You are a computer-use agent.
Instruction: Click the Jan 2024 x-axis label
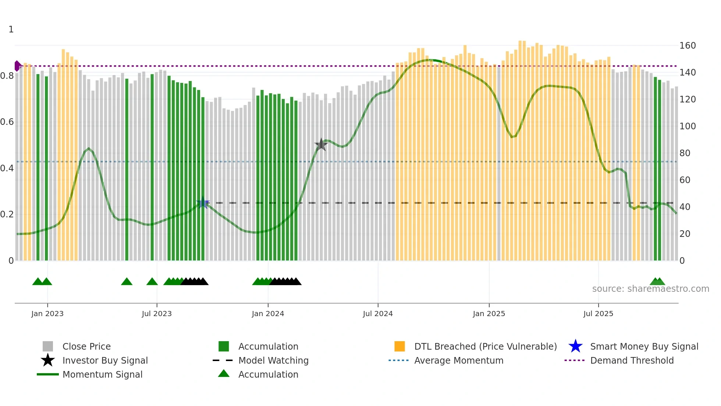[x=268, y=314]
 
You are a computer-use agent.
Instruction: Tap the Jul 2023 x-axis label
[x=157, y=314]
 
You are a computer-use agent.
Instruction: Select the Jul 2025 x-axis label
[x=598, y=314]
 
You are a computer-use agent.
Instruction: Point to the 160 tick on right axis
[x=687, y=46]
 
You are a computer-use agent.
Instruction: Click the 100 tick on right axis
[x=687, y=126]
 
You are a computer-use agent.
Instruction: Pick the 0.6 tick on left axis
[x=7, y=122]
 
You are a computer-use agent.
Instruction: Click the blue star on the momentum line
[x=203, y=203]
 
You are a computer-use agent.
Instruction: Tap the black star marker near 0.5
[x=321, y=145]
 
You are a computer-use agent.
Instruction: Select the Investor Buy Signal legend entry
[x=105, y=360]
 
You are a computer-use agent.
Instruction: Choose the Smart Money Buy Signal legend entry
[x=644, y=346]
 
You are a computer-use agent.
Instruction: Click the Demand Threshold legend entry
[x=632, y=360]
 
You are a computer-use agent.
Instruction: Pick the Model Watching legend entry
[x=273, y=360]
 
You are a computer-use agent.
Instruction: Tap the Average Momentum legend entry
[x=458, y=360]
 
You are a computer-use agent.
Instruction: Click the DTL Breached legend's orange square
[x=399, y=346]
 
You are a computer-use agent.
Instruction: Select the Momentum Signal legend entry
[x=102, y=374]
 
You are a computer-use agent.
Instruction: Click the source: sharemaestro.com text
[x=650, y=289]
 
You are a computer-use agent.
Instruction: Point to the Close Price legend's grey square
[x=48, y=346]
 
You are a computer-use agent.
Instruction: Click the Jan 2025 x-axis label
[x=489, y=314]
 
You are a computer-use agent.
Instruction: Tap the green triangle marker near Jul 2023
[x=152, y=282]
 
